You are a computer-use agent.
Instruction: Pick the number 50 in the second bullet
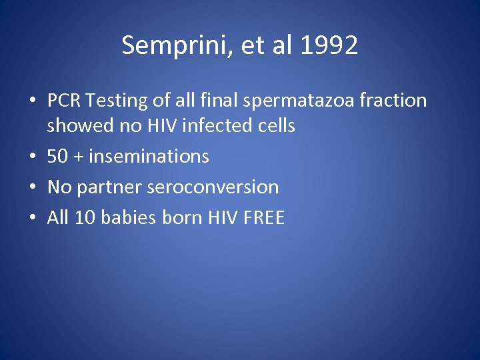click(57, 157)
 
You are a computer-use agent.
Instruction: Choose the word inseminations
click(149, 157)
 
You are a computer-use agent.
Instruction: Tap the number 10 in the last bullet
click(84, 217)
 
